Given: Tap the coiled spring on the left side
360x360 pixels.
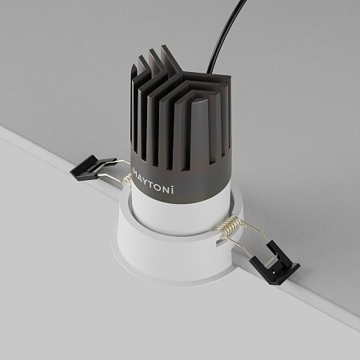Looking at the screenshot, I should (126, 182).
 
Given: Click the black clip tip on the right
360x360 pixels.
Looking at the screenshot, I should (277, 268).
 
